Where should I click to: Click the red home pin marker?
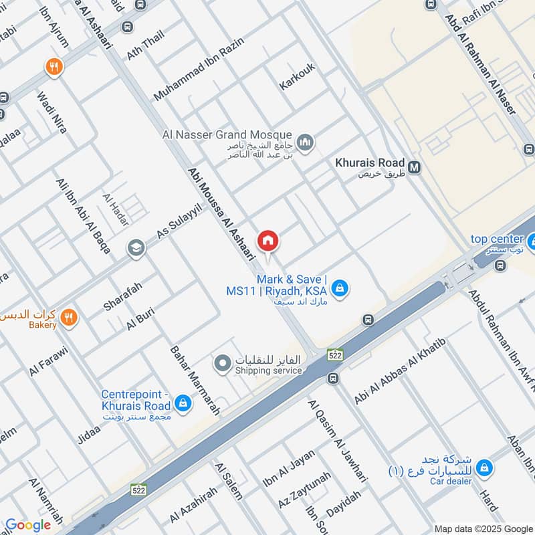tap(268, 240)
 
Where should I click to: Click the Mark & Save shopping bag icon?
tap(340, 288)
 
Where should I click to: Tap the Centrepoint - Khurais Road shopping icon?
tap(181, 403)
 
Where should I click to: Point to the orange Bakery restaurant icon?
tap(68, 318)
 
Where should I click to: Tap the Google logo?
tap(27, 525)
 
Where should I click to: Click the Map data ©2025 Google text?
tap(481, 528)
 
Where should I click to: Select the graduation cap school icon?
tap(136, 248)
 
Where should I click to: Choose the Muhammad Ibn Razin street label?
tap(199, 70)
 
